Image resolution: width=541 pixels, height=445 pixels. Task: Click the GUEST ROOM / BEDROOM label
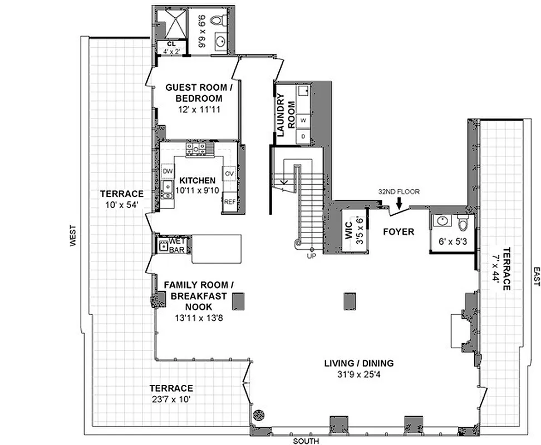[197, 93]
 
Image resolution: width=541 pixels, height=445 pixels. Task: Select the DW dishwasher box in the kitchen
[167, 171]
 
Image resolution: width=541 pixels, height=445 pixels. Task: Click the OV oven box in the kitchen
[229, 174]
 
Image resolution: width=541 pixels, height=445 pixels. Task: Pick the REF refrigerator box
[229, 202]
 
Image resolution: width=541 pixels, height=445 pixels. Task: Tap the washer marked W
[304, 120]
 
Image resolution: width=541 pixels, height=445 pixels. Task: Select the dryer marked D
[304, 136]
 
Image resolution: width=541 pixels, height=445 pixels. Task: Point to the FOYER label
[399, 231]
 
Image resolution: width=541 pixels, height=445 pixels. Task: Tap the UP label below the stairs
[312, 256]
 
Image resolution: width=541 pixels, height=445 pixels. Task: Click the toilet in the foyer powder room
[463, 223]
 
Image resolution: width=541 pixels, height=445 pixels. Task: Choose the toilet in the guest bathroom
[224, 21]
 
